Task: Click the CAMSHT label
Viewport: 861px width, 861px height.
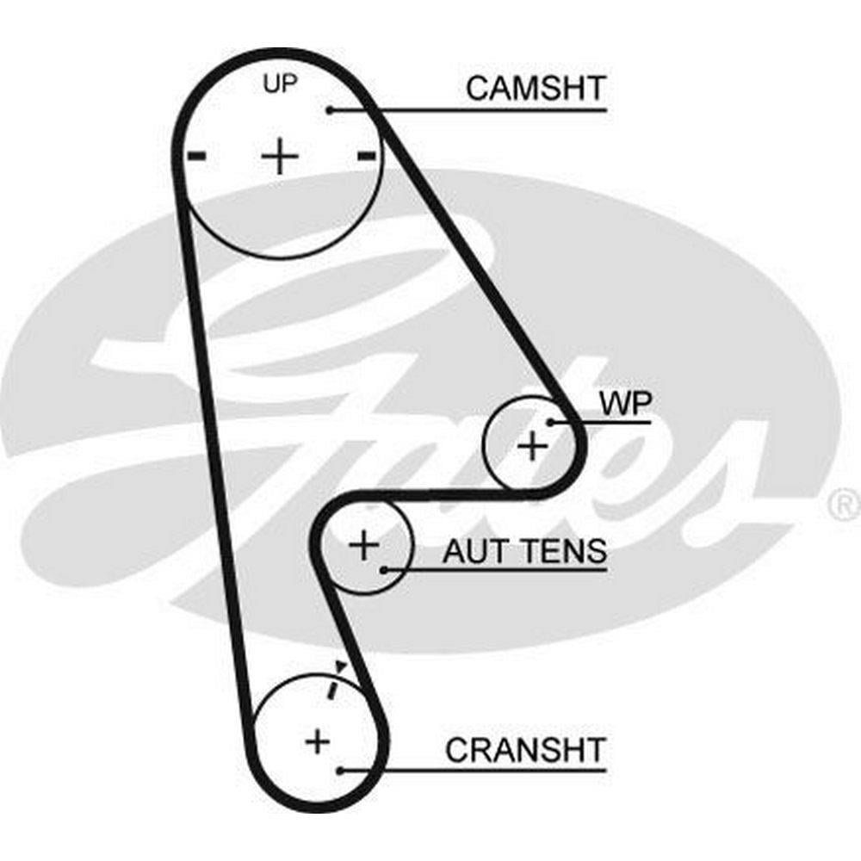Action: tap(536, 88)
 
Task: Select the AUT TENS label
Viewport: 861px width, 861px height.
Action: tap(524, 551)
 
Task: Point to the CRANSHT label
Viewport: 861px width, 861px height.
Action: tap(525, 750)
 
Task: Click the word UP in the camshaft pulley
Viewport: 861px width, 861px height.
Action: tap(279, 84)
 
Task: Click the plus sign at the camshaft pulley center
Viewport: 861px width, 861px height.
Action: tap(279, 158)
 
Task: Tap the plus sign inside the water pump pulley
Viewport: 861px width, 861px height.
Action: tap(532, 446)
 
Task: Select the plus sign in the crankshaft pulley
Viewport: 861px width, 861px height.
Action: tap(318, 740)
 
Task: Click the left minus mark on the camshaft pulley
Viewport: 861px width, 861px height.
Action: tap(197, 156)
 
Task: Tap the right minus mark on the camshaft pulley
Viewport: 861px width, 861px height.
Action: tap(366, 156)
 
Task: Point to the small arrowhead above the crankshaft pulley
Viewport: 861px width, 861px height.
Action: tap(341, 666)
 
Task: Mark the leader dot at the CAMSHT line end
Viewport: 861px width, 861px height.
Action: tap(330, 110)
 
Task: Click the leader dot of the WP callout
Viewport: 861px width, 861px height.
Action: tap(549, 422)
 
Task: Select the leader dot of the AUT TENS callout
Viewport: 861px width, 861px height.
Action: tap(383, 569)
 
